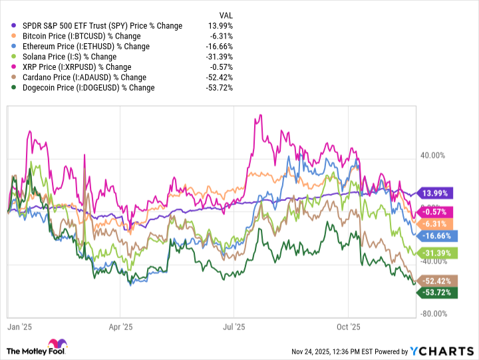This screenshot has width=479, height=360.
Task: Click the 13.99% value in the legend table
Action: click(x=222, y=26)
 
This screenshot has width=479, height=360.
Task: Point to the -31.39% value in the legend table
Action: click(x=220, y=57)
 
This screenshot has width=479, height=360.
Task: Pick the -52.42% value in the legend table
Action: click(x=220, y=77)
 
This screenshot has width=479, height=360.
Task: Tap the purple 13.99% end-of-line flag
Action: click(x=433, y=193)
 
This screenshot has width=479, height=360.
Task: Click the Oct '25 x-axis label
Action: click(x=348, y=327)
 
